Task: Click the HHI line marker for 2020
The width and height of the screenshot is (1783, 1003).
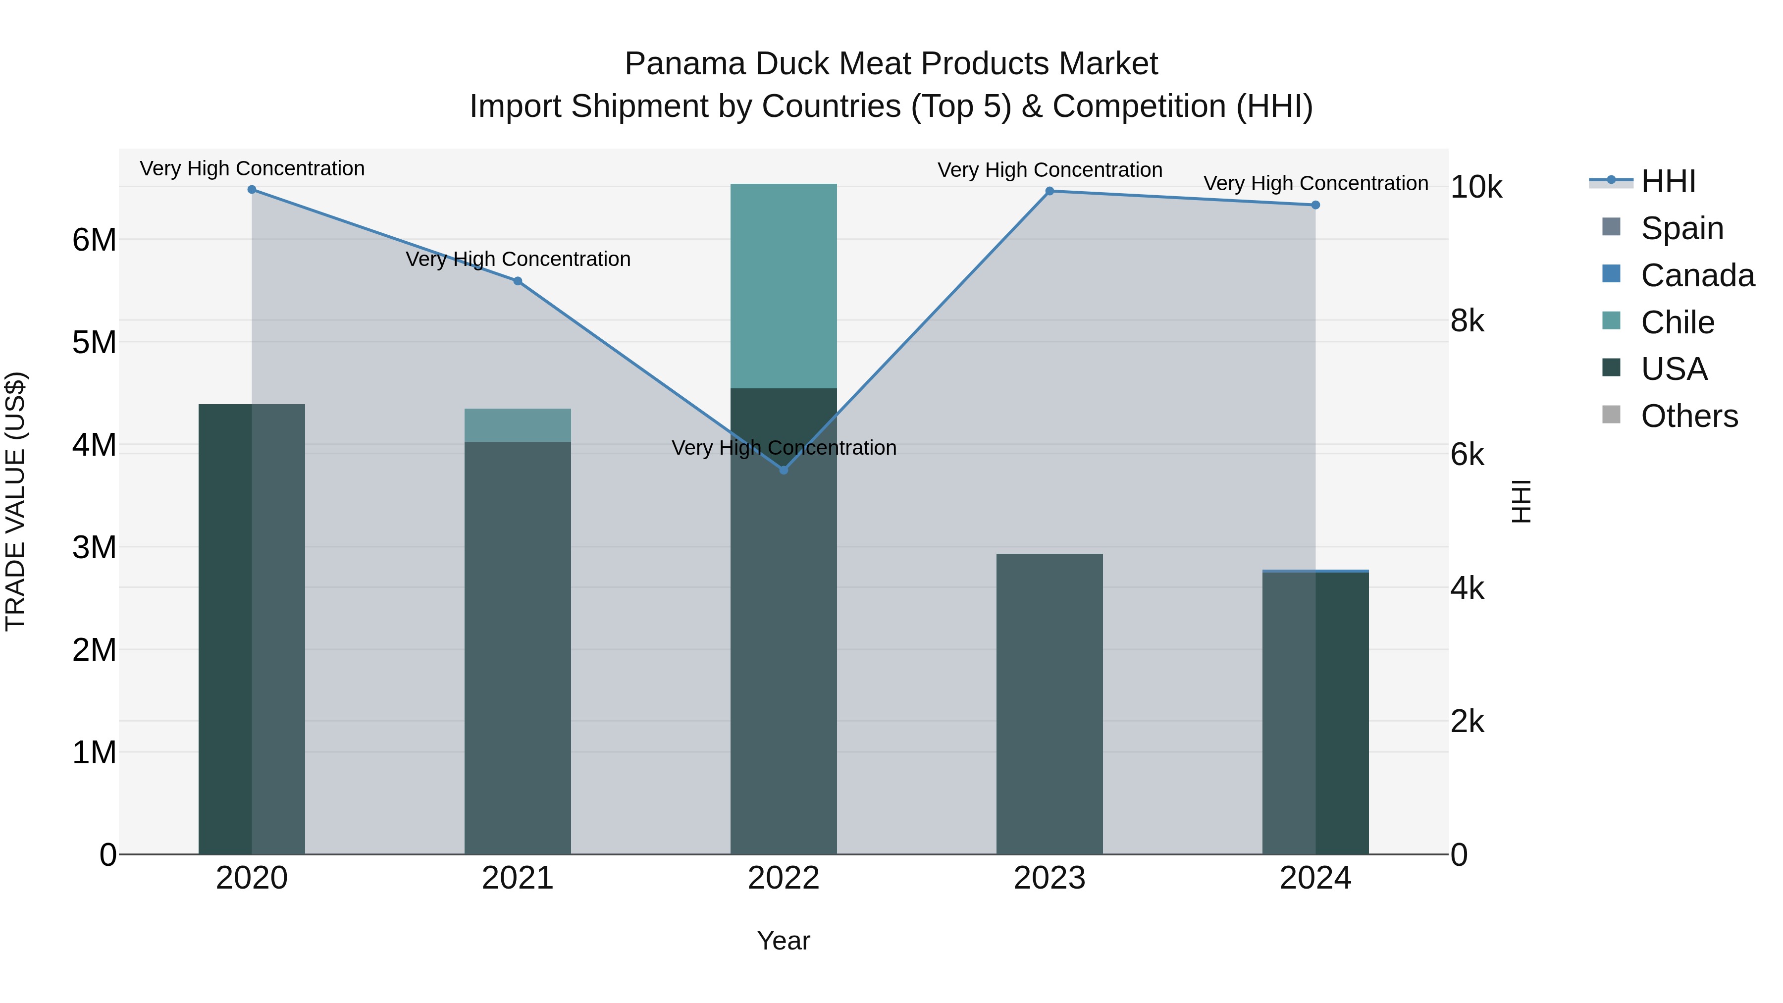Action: tap(252, 190)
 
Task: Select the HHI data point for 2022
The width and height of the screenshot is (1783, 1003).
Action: tap(784, 470)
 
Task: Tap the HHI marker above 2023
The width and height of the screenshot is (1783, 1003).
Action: tap(1049, 191)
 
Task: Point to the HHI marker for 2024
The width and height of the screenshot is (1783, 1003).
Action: tap(1315, 205)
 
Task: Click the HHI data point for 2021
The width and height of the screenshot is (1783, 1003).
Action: tap(518, 281)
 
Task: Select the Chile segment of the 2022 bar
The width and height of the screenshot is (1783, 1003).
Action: tap(784, 286)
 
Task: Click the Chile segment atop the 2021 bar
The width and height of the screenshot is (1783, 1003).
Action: tap(518, 425)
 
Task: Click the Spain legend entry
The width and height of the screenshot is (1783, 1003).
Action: tap(1682, 228)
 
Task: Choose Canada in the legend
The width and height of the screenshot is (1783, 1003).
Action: tap(1697, 275)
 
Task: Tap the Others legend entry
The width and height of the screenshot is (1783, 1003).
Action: tap(1689, 416)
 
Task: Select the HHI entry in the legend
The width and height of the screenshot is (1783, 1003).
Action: tap(1668, 181)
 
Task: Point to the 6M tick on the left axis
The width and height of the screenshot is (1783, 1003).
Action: tap(94, 240)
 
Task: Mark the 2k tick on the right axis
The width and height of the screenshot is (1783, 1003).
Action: tap(1468, 721)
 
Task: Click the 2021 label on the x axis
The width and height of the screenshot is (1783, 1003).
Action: tap(518, 878)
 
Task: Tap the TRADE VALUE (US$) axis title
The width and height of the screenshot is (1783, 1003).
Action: tap(15, 501)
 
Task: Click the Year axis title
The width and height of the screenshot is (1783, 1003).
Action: tap(784, 941)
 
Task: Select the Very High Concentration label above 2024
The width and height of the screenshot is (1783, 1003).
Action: tap(1315, 183)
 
